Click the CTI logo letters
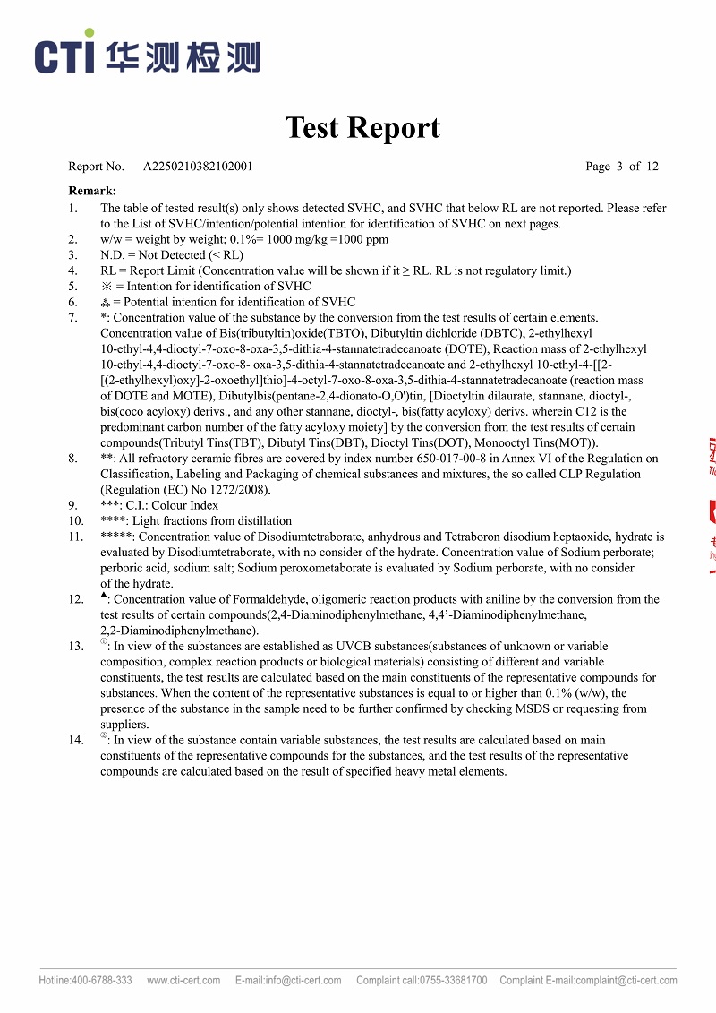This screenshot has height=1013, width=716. [x=64, y=56]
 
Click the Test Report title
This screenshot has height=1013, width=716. [x=362, y=128]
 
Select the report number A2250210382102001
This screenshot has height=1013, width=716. [x=198, y=167]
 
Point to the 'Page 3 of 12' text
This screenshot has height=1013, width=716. [x=621, y=167]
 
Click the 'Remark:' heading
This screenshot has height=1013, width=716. [x=92, y=191]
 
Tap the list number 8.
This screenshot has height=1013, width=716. [x=73, y=459]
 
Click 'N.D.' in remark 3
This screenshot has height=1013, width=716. [x=112, y=255]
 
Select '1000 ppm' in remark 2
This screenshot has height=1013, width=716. [x=364, y=240]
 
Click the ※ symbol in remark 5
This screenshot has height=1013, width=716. [x=106, y=287]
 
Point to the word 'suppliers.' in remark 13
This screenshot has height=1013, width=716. [x=125, y=725]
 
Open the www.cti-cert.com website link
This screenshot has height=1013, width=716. [x=183, y=981]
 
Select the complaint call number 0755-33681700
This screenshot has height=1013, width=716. [x=453, y=981]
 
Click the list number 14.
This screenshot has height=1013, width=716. [x=76, y=741]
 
